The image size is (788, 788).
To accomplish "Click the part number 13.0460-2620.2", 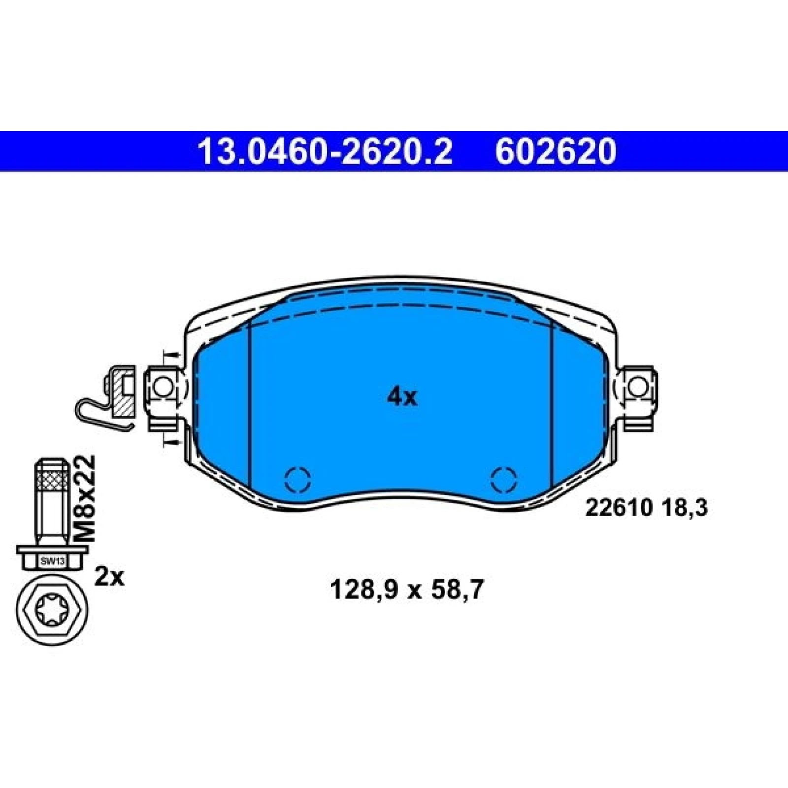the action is (325, 151).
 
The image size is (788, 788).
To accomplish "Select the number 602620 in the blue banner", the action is (556, 151).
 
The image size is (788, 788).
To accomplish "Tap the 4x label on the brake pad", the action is (402, 396).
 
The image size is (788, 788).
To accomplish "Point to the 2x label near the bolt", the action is (109, 577).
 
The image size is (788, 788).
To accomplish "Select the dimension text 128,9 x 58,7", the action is (406, 590).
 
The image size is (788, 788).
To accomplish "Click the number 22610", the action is (619, 508).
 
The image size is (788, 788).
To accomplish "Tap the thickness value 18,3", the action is (684, 508).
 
